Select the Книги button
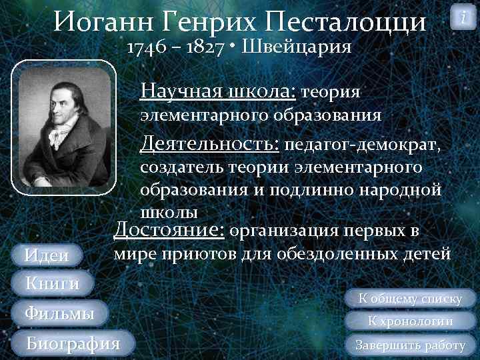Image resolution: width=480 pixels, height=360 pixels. (x=52, y=283)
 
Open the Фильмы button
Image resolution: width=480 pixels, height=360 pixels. (x=59, y=313)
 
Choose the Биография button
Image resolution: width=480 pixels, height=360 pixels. (x=73, y=343)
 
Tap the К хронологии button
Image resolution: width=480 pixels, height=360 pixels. (x=411, y=321)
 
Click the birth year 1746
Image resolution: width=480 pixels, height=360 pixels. (x=147, y=48)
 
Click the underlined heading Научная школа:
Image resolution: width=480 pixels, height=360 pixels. (x=219, y=91)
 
